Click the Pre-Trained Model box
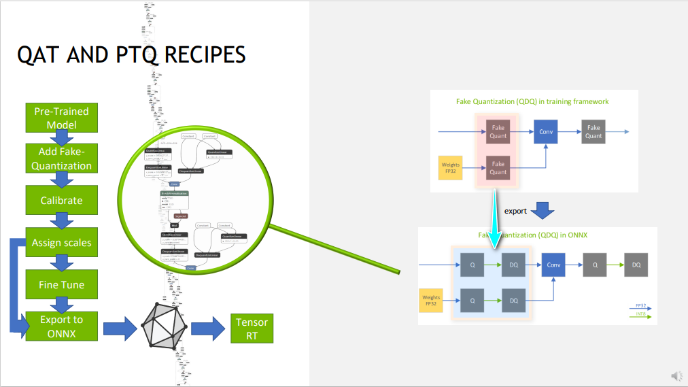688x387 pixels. pyautogui.click(x=62, y=118)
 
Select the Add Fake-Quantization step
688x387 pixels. pyautogui.click(x=62, y=158)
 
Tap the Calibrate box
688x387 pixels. pyautogui.click(x=62, y=200)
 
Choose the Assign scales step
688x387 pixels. pyautogui.click(x=62, y=242)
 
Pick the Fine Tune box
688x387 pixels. pyautogui.click(x=62, y=284)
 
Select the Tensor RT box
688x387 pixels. pyautogui.click(x=252, y=329)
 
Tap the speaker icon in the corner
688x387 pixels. pyautogui.click(x=676, y=375)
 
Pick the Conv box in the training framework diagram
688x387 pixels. pyautogui.click(x=545, y=131)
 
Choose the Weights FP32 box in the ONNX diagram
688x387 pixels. pyautogui.click(x=431, y=300)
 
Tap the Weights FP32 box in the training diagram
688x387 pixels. pyautogui.click(x=450, y=167)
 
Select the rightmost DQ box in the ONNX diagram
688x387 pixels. pyautogui.click(x=636, y=264)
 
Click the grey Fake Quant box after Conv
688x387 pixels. pyautogui.click(x=594, y=131)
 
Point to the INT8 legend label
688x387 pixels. pyautogui.click(x=640, y=314)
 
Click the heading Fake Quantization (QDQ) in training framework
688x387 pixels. pyautogui.click(x=532, y=101)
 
